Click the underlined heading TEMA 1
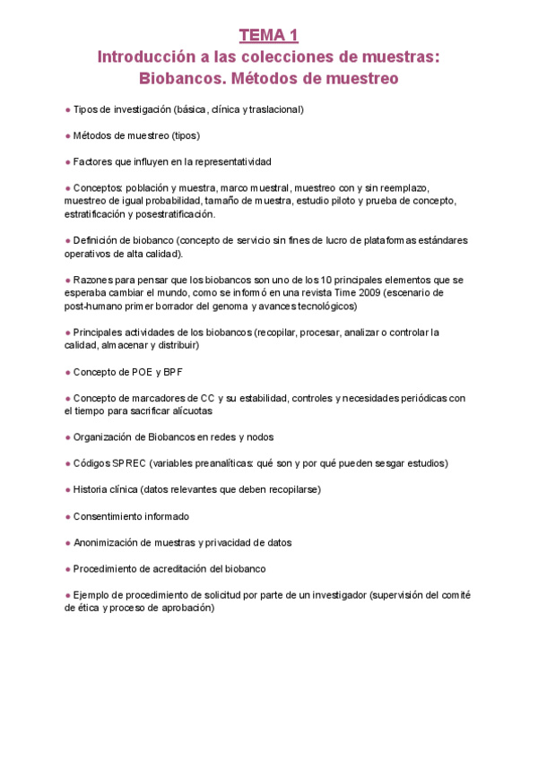tap(268, 36)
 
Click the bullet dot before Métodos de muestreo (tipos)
tap(67, 135)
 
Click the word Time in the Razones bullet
tap(321, 293)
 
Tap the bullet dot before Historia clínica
tap(67, 489)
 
